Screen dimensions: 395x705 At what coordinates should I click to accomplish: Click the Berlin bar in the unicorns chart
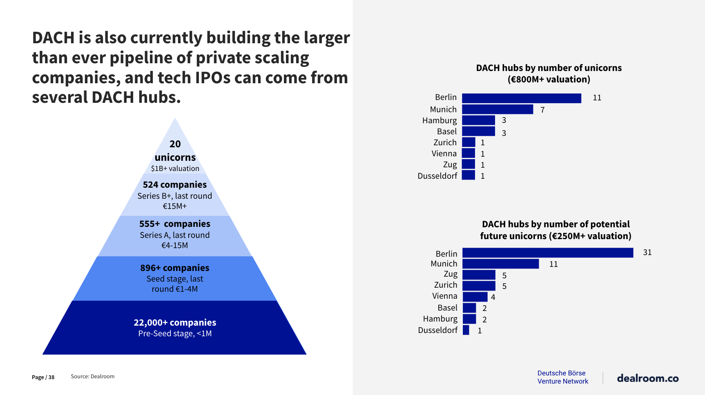pyautogui.click(x=521, y=98)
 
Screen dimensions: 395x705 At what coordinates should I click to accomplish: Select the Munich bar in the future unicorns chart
pyautogui.click(x=500, y=264)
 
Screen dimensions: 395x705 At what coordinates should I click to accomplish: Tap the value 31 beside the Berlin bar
pyautogui.click(x=647, y=253)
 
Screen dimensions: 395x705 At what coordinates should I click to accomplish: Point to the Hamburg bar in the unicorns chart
pyautogui.click(x=478, y=120)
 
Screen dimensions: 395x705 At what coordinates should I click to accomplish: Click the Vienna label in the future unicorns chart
pyautogui.click(x=444, y=296)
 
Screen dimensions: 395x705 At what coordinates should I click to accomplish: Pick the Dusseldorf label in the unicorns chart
pyautogui.click(x=437, y=176)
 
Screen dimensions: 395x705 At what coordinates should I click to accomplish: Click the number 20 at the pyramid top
pyautogui.click(x=175, y=144)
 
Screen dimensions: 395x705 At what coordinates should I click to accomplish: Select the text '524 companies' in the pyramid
pyautogui.click(x=175, y=185)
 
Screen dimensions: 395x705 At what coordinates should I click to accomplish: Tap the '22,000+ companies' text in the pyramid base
pyautogui.click(x=175, y=323)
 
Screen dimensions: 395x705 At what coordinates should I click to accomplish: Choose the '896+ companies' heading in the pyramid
pyautogui.click(x=175, y=268)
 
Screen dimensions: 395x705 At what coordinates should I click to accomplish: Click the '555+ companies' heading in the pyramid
pyautogui.click(x=175, y=224)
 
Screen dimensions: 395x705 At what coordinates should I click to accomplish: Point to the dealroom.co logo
pyautogui.click(x=647, y=378)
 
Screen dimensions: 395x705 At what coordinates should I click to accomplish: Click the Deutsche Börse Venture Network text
pyautogui.click(x=562, y=377)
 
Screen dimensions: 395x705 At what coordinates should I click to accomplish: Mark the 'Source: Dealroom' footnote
pyautogui.click(x=92, y=377)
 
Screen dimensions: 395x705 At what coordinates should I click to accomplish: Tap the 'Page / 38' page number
pyautogui.click(x=43, y=377)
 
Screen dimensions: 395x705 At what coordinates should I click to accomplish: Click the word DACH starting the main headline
pyautogui.click(x=53, y=38)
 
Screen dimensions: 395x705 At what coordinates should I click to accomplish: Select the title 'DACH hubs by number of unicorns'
pyautogui.click(x=549, y=68)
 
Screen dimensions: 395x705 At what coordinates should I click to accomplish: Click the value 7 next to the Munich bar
pyautogui.click(x=542, y=110)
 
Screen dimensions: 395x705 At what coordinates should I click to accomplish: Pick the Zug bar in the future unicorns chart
pyautogui.click(x=479, y=275)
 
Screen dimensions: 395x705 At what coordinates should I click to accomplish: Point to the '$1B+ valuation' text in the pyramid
pyautogui.click(x=175, y=169)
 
